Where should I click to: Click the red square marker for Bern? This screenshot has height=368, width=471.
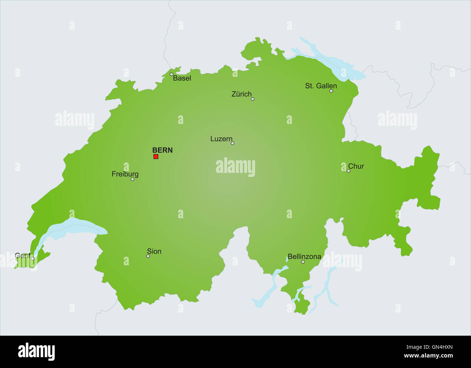click(x=156, y=157)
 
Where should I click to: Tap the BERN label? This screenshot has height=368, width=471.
click(x=162, y=150)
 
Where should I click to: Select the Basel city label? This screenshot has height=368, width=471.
click(x=182, y=78)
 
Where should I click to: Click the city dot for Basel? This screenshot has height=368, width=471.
click(x=172, y=74)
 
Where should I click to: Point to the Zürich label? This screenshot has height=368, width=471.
click(x=241, y=94)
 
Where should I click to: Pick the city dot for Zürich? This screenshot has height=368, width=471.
click(x=253, y=99)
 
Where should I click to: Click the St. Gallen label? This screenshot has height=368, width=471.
click(x=321, y=86)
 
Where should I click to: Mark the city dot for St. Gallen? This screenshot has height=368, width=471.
click(x=331, y=91)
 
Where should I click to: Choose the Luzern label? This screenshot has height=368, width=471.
click(x=221, y=139)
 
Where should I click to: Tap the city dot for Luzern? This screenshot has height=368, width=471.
click(x=233, y=143)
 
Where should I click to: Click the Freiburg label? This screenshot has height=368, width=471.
click(x=125, y=174)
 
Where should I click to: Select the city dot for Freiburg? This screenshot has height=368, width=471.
click(x=133, y=179)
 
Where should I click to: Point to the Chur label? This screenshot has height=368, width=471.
click(x=356, y=166)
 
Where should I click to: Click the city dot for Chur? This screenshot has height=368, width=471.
click(x=349, y=171)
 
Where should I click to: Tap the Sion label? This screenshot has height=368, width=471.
click(x=154, y=251)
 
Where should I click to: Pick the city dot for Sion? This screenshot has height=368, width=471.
click(x=148, y=256)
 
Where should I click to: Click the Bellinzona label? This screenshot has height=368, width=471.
click(x=304, y=257)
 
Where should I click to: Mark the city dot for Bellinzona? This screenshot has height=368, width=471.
click(x=303, y=262)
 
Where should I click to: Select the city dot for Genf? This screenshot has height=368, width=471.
click(x=33, y=259)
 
